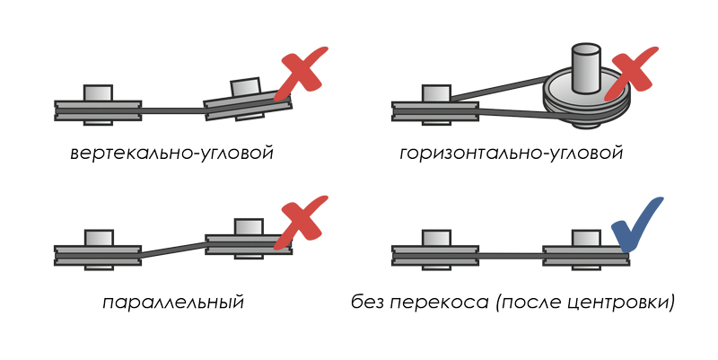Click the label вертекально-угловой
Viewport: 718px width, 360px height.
pyautogui.click(x=172, y=153)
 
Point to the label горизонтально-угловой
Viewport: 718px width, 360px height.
pyautogui.click(x=511, y=153)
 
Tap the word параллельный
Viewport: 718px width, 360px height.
pyautogui.click(x=173, y=303)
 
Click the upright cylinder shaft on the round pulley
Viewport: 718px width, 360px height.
pyautogui.click(x=584, y=66)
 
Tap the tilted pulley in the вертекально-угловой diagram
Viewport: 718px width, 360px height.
pyautogui.click(x=248, y=101)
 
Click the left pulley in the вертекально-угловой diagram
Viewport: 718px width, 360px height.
pyautogui.click(x=98, y=105)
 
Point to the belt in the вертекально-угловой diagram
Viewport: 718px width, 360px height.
pyautogui.click(x=172, y=110)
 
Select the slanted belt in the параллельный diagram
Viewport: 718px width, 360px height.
pyautogui.click(x=173, y=250)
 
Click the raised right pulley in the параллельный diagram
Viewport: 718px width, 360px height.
pyautogui.click(x=249, y=239)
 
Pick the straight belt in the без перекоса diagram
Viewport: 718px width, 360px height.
pyautogui.click(x=511, y=256)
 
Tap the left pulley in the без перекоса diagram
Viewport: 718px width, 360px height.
pyautogui.click(x=435, y=250)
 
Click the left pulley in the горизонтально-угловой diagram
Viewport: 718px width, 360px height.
pyautogui.click(x=435, y=105)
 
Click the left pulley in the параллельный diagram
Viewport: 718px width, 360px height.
pyautogui.click(x=98, y=250)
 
